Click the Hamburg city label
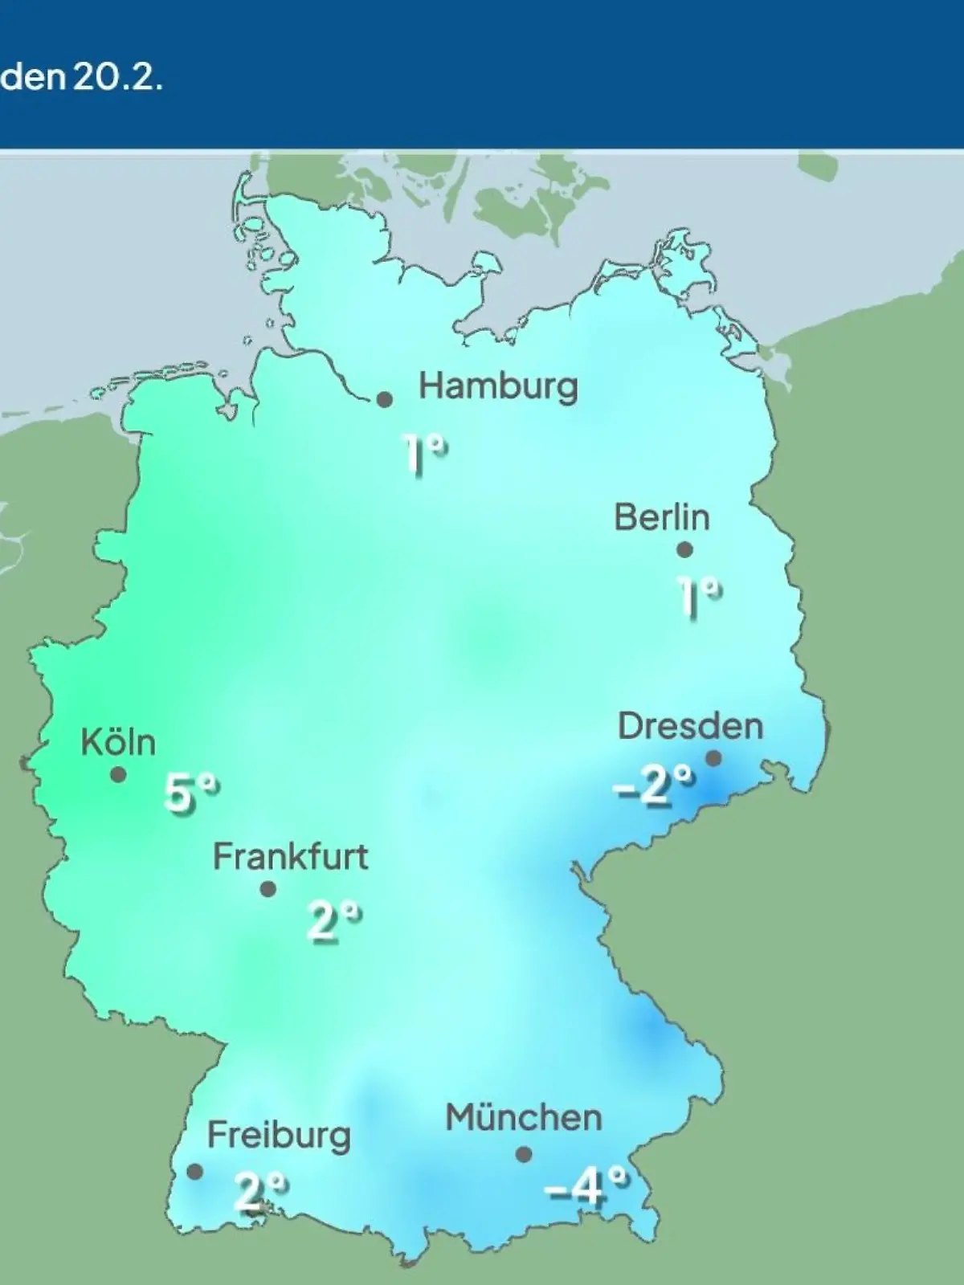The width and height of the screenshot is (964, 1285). pos(498,387)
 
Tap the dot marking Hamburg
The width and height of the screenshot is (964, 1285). pos(385,399)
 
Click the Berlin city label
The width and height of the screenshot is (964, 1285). pos(662,517)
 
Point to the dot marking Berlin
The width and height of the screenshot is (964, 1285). pos(684,550)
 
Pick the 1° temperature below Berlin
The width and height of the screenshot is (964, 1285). pos(699,596)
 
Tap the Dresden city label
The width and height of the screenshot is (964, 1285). pos(690,726)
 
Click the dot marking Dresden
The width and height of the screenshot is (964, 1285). pos(713,758)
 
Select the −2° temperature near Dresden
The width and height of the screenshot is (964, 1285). pos(654,785)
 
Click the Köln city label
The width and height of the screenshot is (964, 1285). pos(118,743)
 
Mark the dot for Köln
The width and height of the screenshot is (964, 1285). pos(118,775)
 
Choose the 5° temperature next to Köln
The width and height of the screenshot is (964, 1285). pos(191,794)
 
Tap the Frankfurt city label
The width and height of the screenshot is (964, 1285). pos(290,857)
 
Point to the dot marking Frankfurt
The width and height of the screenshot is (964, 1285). pos(268,889)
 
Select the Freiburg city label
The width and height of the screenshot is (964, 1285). pos(279,1136)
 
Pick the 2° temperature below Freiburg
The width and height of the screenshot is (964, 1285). pos(260,1190)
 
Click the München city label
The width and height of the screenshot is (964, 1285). pos(524,1118)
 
